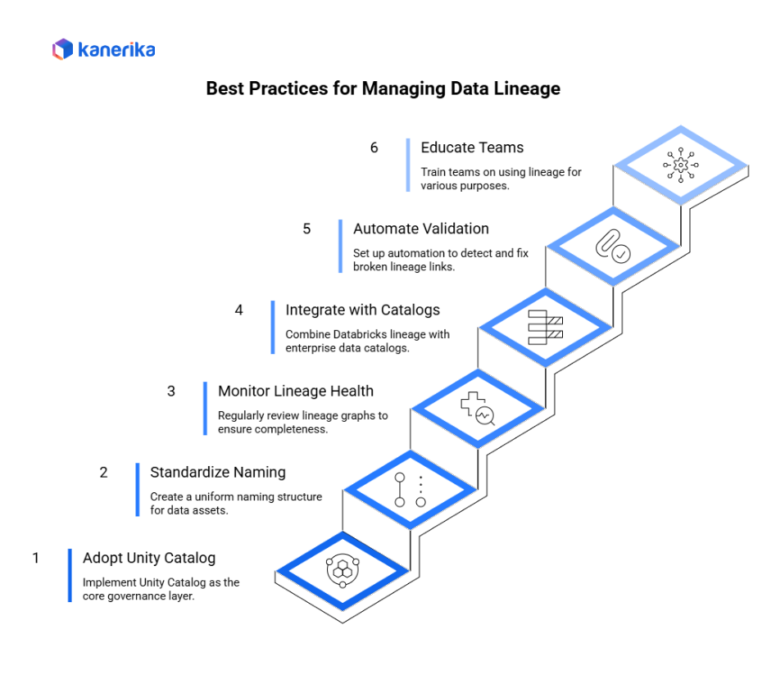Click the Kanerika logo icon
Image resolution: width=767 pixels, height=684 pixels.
(x=62, y=49)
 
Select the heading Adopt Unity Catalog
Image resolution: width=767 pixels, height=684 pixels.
(x=149, y=558)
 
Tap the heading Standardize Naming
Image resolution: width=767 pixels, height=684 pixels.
(x=218, y=472)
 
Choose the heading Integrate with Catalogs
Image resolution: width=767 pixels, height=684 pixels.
(x=362, y=310)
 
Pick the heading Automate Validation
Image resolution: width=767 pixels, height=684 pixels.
(x=421, y=229)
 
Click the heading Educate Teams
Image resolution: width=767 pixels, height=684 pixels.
(x=472, y=147)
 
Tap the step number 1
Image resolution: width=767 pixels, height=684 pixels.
(x=36, y=558)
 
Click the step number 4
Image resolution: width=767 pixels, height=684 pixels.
(x=239, y=310)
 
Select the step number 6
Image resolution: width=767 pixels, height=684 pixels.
(x=374, y=147)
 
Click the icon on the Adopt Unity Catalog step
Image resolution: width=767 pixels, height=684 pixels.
(x=342, y=570)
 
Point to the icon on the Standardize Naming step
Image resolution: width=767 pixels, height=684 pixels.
(x=410, y=490)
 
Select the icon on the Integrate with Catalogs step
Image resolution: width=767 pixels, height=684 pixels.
(x=545, y=327)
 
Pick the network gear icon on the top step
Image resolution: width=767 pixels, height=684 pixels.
(x=680, y=165)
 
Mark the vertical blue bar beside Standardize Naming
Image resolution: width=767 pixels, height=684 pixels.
(x=138, y=490)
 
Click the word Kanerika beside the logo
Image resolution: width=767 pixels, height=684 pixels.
(x=117, y=50)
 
